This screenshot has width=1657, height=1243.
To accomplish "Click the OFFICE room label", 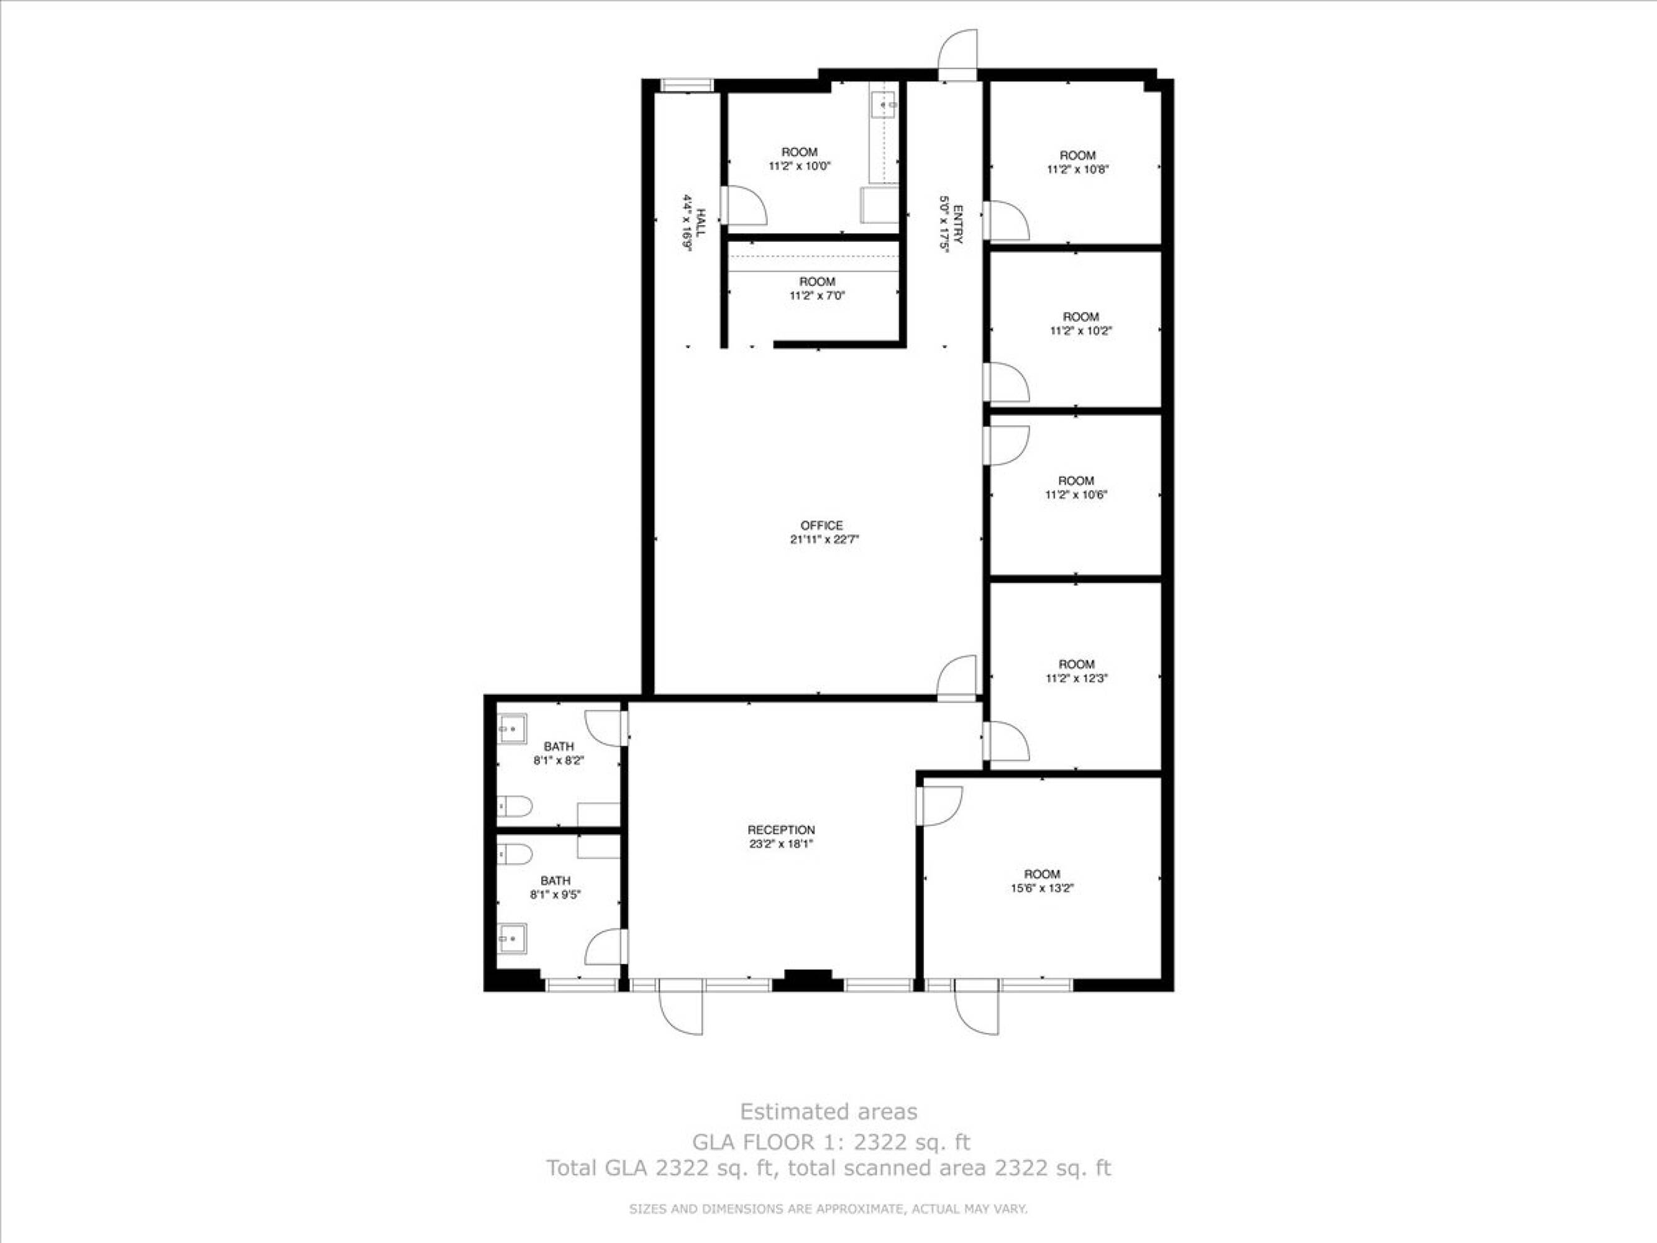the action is point(822,525).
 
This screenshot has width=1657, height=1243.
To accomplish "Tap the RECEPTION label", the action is point(782,830).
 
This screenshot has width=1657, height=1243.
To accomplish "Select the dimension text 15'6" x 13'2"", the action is point(1042,888).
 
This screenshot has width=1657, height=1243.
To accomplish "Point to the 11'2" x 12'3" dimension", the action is point(1077,678).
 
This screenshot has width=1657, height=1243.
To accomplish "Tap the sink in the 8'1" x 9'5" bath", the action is point(513,937).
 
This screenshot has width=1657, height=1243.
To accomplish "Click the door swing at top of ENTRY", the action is point(959,51).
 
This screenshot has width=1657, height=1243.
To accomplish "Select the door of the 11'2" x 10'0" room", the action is point(744,204).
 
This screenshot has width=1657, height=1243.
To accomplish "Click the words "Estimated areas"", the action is point(829,1111).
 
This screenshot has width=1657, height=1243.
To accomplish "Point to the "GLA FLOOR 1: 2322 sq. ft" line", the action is point(831,1142).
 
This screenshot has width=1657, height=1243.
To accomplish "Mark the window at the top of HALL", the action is point(685,85).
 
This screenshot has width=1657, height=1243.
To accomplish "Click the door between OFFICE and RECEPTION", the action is point(957,677).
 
